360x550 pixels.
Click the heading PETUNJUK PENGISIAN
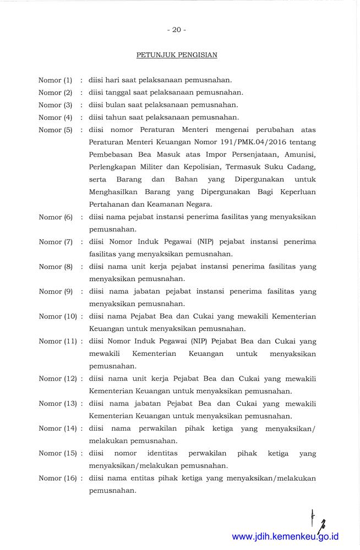click(x=177, y=55)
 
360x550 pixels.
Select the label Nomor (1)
click(x=55, y=80)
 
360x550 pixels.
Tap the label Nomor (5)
click(x=55, y=130)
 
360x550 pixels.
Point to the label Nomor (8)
click(x=55, y=266)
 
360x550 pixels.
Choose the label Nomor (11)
click(x=57, y=341)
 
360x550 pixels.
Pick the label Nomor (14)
click(x=57, y=428)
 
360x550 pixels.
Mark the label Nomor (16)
click(x=57, y=478)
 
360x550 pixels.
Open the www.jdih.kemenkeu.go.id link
click(x=285, y=537)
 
